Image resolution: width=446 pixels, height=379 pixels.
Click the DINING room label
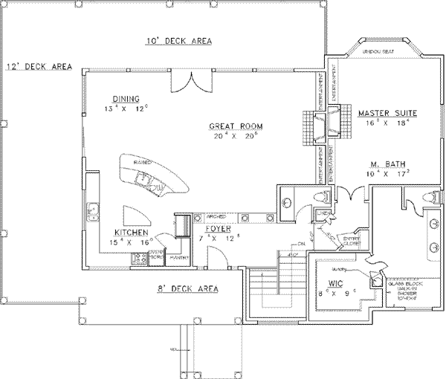tap(126, 98)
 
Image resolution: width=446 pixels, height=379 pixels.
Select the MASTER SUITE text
tap(387, 113)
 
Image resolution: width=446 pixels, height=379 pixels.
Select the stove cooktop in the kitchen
tap(138, 259)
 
